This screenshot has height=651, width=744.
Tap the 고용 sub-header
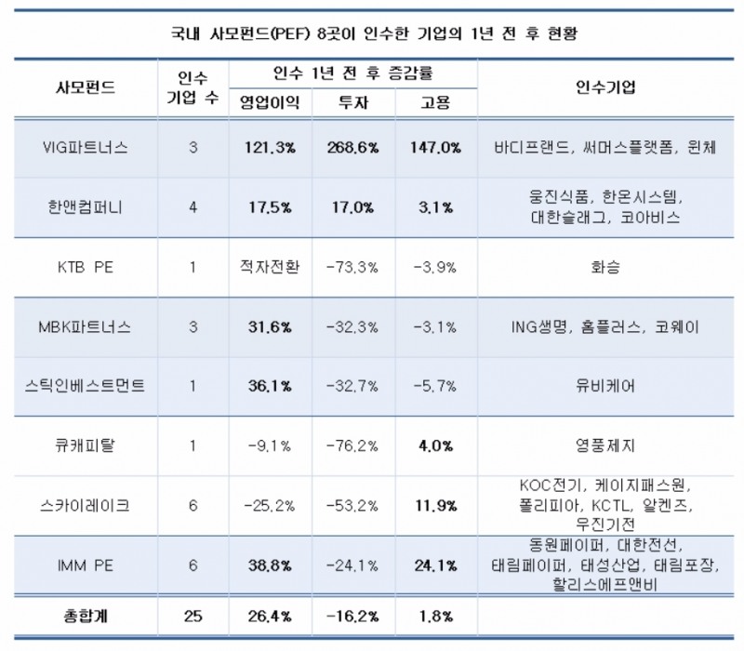(x=435, y=101)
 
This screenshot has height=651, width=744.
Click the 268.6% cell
(x=353, y=148)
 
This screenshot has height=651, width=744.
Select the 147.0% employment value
(x=435, y=148)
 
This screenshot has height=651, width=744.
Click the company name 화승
(x=605, y=267)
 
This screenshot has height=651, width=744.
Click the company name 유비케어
(x=605, y=385)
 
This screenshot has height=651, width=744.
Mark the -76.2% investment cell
(x=353, y=445)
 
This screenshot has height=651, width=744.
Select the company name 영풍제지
(x=605, y=445)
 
